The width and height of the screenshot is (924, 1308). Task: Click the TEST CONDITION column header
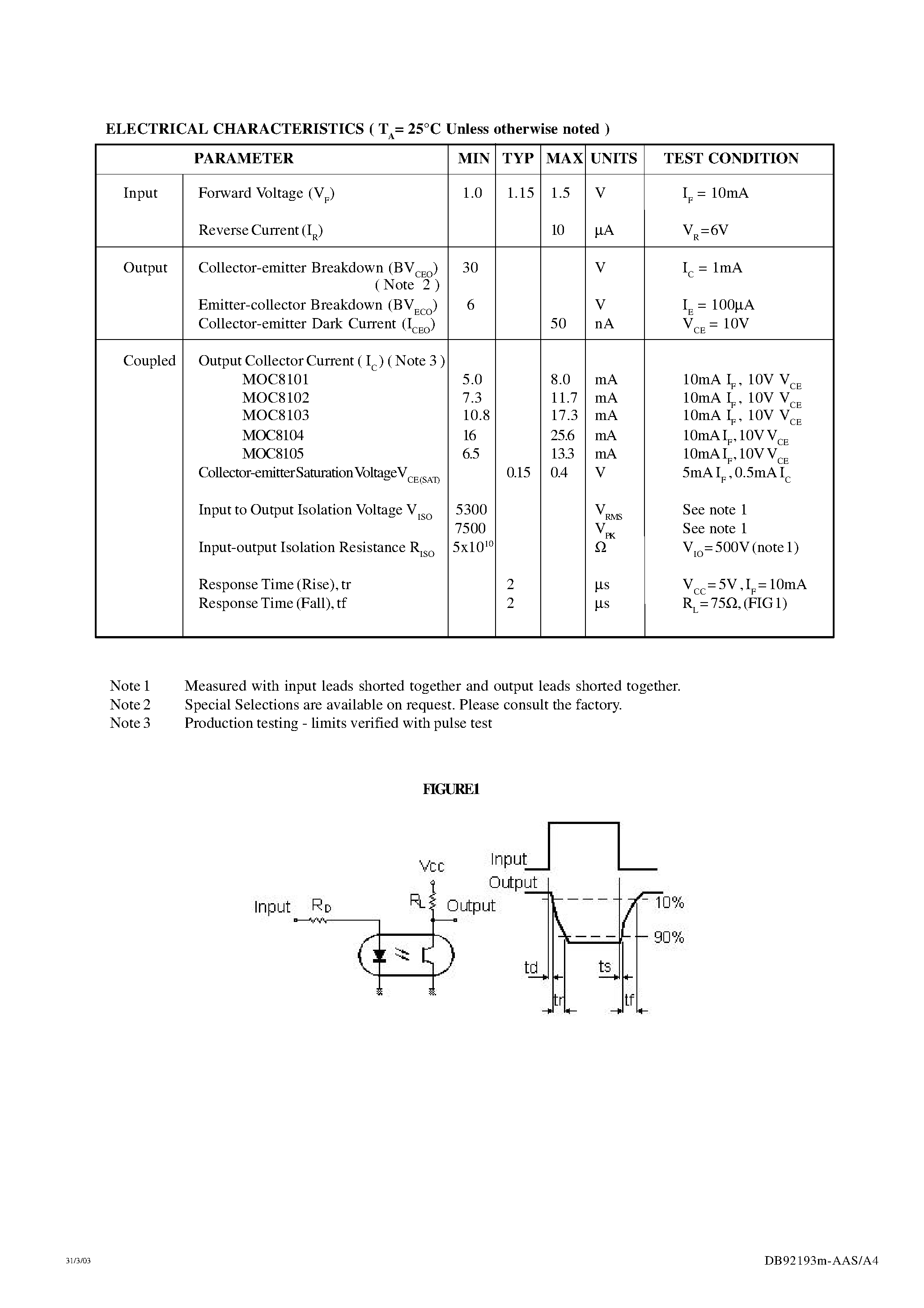pyautogui.click(x=731, y=158)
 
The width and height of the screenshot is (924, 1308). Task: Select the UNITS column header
pyautogui.click(x=614, y=158)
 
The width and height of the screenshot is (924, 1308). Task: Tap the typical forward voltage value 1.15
pyautogui.click(x=520, y=193)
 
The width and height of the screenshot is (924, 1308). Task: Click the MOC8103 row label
pyautogui.click(x=275, y=415)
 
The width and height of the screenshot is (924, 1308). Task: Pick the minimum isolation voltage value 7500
pyautogui.click(x=470, y=528)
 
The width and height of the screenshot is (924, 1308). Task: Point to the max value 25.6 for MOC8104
pyautogui.click(x=562, y=436)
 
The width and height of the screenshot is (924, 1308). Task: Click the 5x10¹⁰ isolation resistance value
pyautogui.click(x=472, y=547)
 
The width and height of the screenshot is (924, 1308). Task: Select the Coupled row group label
pyautogui.click(x=149, y=361)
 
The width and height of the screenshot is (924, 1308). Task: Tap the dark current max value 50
pyautogui.click(x=558, y=323)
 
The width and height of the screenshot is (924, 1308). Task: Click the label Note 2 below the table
pyautogui.click(x=130, y=705)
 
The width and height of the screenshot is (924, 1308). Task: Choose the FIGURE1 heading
pyautogui.click(x=451, y=789)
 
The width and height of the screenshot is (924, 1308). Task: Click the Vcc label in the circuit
pyautogui.click(x=431, y=866)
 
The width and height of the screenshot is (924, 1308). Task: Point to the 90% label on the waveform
pyautogui.click(x=669, y=937)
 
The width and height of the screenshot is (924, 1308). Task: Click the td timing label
pyautogui.click(x=531, y=967)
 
